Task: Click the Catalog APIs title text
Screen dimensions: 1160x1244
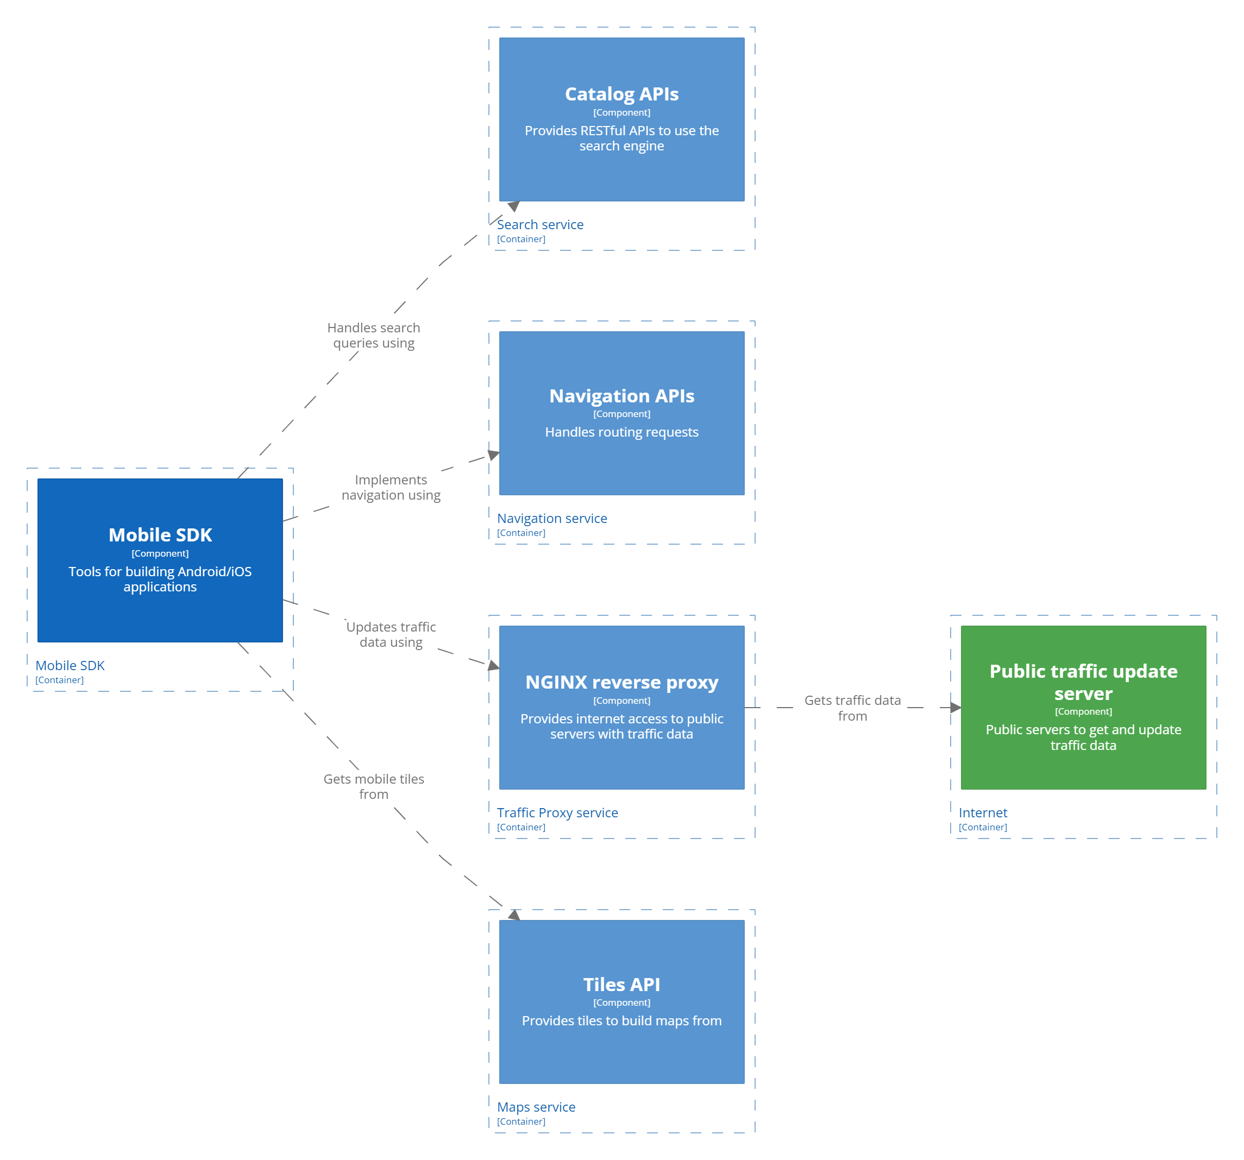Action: pos(621,94)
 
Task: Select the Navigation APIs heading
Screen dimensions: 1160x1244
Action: pos(621,396)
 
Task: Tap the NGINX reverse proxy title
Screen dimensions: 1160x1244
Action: pos(621,682)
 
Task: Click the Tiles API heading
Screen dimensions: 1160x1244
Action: pos(621,984)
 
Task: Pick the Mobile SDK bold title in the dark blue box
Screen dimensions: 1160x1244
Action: pos(160,535)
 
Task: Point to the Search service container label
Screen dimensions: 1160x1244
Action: pos(540,225)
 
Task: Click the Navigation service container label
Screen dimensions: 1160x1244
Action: pos(552,519)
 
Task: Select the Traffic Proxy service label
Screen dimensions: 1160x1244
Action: pos(557,813)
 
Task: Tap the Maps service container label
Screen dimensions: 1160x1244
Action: pos(536,1107)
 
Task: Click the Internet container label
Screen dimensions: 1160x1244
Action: pos(983,813)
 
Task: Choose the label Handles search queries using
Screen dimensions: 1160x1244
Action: pos(374,336)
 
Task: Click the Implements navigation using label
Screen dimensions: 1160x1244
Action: pos(391,487)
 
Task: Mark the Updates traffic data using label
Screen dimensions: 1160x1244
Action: pos(391,634)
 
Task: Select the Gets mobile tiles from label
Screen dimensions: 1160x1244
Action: pos(374,786)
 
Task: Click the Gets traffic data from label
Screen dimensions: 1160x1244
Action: pos(852,708)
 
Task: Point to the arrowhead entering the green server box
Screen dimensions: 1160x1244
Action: pos(955,708)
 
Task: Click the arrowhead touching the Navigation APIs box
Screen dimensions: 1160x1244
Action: pos(494,455)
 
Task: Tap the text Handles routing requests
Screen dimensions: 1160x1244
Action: pos(621,432)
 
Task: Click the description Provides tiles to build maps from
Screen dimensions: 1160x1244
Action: pos(621,1020)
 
